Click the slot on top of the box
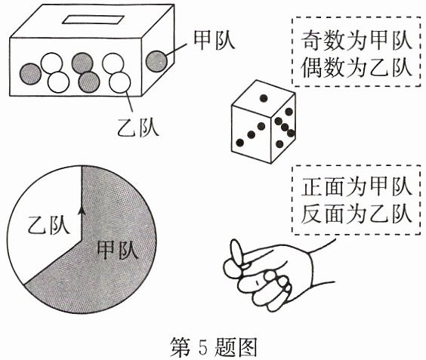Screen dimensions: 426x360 93,20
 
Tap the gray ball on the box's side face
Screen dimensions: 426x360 156,61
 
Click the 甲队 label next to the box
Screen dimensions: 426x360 214,40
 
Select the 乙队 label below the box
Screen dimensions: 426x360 138,128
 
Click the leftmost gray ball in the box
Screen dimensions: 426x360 30,74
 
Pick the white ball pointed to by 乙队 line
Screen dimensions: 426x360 120,82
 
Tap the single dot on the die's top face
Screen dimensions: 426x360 264,98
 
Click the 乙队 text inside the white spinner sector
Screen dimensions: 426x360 48,225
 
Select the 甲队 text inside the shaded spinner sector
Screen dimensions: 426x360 118,249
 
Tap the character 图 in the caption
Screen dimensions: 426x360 246,347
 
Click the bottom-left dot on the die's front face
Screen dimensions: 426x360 240,142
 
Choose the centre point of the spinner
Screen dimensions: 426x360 82,240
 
